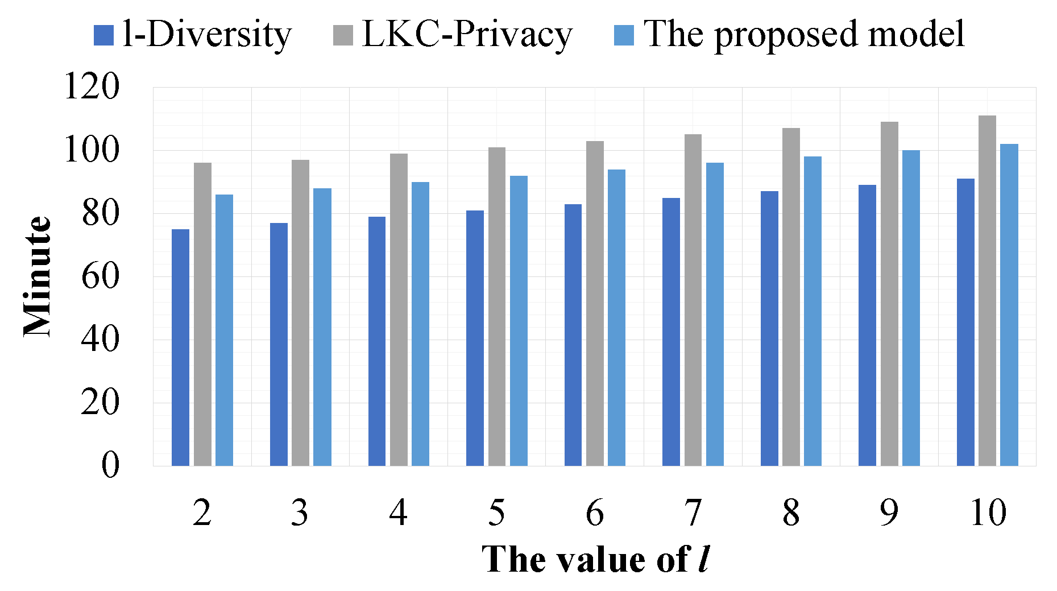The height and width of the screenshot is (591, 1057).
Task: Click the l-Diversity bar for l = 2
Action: click(180, 347)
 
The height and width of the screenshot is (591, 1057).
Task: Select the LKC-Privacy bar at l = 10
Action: click(987, 290)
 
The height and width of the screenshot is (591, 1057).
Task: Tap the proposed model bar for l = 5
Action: click(519, 321)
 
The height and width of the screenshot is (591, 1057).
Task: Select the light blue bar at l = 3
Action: click(322, 327)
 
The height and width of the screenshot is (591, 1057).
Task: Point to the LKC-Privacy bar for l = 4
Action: click(399, 309)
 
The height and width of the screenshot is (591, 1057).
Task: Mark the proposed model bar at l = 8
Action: click(813, 311)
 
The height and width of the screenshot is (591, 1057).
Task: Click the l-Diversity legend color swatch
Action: click(103, 35)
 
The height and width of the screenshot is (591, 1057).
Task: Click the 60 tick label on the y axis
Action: click(100, 276)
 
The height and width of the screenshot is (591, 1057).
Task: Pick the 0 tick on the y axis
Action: click(110, 465)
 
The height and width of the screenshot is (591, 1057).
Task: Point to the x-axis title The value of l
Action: click(595, 559)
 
